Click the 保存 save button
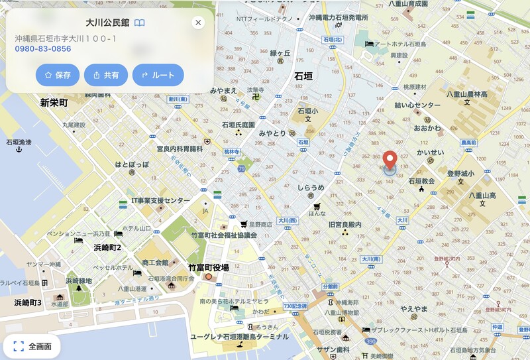(58, 75)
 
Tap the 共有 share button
(106, 75)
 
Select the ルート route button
(158, 75)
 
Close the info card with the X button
(197, 23)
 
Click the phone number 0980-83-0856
(43, 49)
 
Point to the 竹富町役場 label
(208, 268)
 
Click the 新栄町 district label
(54, 103)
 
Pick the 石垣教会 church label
(421, 181)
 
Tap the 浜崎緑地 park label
(79, 280)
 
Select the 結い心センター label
(417, 105)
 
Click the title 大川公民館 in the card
(107, 23)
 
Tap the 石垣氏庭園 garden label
(238, 125)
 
